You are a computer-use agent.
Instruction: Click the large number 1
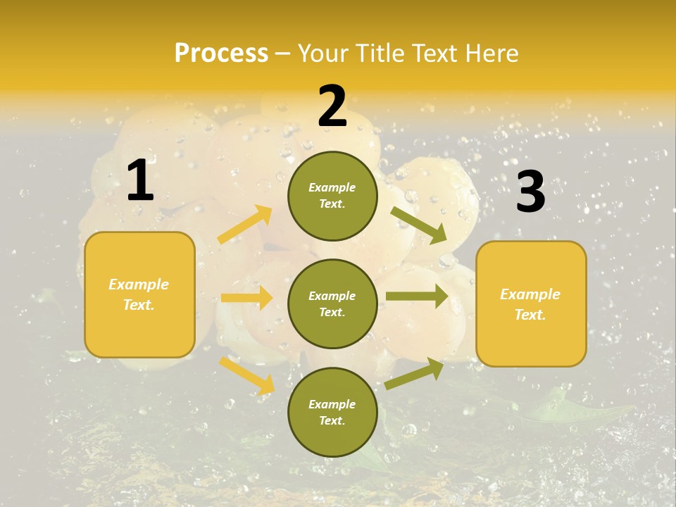140,181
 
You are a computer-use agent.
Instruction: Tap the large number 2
332,106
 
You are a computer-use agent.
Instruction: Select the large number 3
531,192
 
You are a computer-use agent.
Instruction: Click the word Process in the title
221,53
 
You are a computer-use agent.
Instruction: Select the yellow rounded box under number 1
139,294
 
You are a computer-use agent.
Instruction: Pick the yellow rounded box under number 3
531,304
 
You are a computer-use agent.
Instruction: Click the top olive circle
332,196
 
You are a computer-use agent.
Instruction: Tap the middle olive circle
332,304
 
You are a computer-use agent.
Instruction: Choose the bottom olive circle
332,413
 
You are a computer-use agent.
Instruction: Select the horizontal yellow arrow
246,298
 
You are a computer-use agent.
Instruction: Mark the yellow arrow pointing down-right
247,375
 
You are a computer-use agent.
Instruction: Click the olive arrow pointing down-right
419,225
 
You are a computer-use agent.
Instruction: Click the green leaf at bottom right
563,408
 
